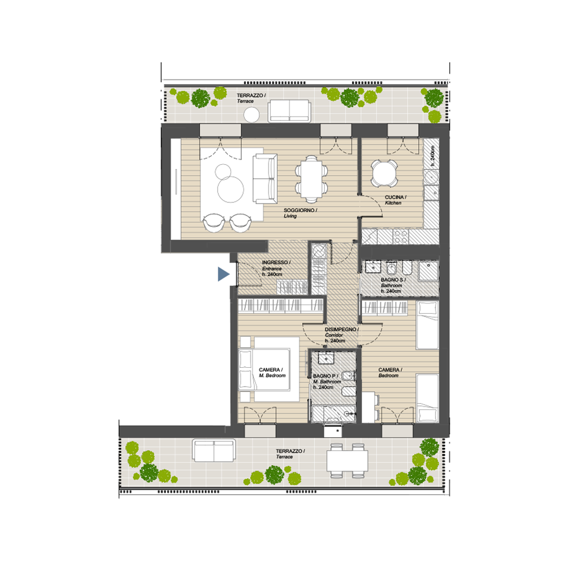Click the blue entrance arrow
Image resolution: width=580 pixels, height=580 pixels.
click(x=223, y=274)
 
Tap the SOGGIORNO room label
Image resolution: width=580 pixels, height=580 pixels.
click(x=300, y=210)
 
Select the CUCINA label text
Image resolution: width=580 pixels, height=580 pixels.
click(x=396, y=197)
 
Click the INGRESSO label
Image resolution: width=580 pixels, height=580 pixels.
click(x=276, y=262)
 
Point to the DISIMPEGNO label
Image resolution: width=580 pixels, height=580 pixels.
click(x=342, y=329)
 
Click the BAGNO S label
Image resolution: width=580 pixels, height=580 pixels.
click(x=393, y=280)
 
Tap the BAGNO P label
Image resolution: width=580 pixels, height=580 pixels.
click(x=325, y=376)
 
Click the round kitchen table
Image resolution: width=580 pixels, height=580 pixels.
click(x=385, y=173)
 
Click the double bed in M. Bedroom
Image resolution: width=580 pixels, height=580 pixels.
click(x=269, y=369)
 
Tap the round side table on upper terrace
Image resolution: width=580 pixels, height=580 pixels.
click(x=252, y=115)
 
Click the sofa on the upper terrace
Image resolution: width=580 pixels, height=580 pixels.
click(x=289, y=111)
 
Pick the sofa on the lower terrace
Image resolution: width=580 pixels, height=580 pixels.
click(x=214, y=450)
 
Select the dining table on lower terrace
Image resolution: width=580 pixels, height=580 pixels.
click(x=347, y=461)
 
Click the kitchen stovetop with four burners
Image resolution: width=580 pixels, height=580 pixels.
click(x=401, y=237)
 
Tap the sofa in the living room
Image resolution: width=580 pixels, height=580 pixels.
click(x=265, y=179)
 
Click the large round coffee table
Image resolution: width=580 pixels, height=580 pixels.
click(x=230, y=189)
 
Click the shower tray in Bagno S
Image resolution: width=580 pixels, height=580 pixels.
click(x=429, y=271)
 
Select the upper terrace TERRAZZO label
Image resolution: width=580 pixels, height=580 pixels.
click(x=251, y=96)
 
